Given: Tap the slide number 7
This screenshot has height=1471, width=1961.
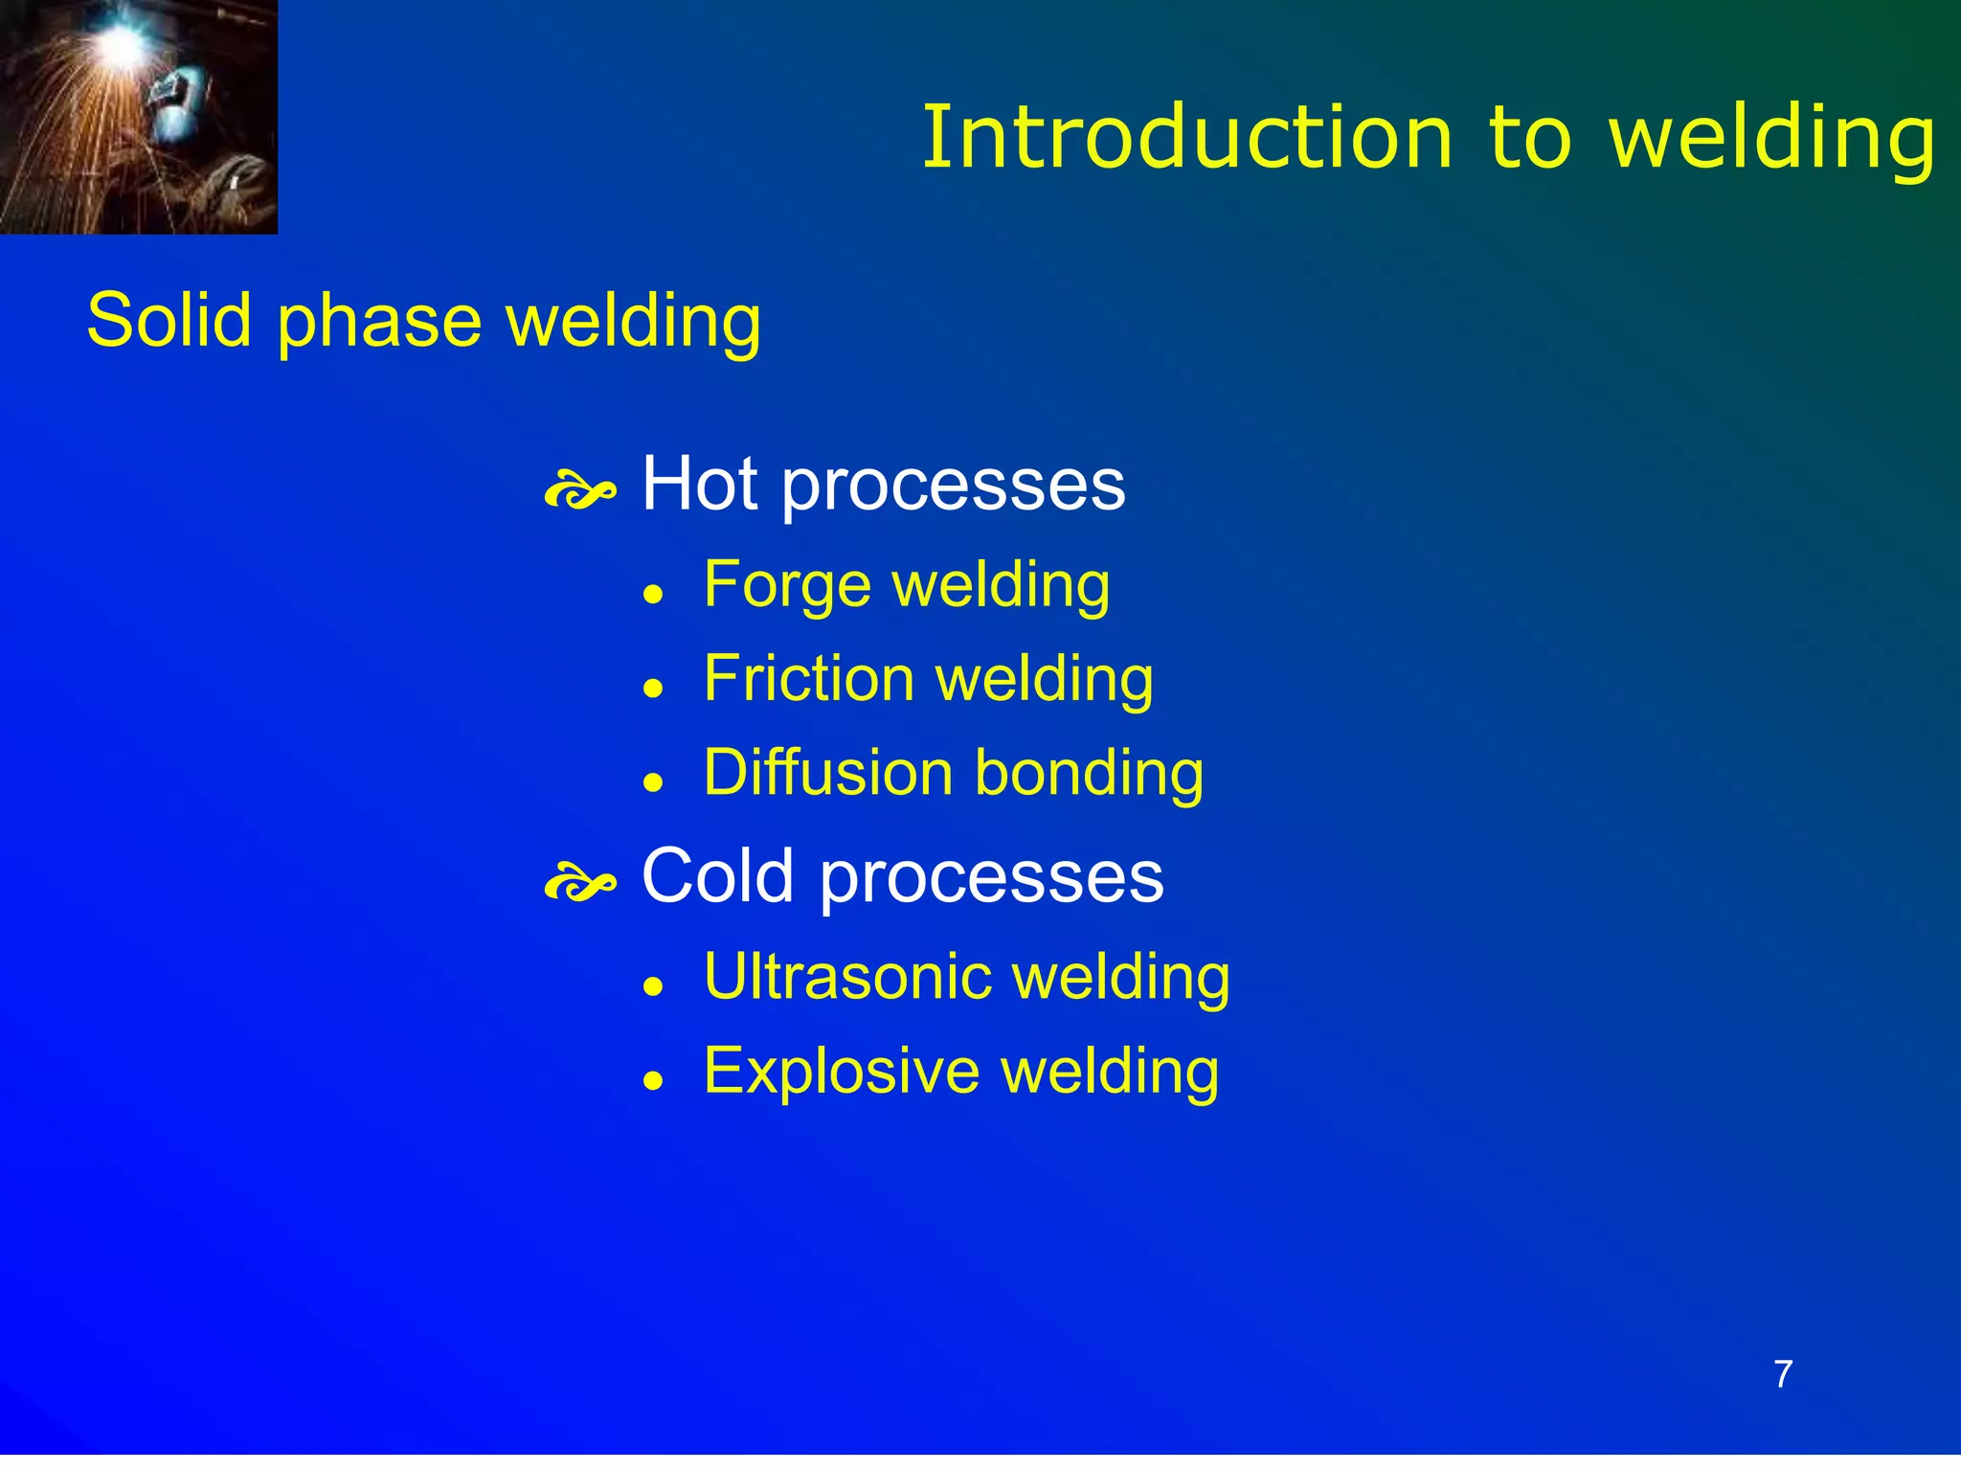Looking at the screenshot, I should coord(1783,1374).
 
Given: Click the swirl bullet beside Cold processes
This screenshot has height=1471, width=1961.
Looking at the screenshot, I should coord(579,883).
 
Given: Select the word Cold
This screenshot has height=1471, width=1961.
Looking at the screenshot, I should coord(717,875).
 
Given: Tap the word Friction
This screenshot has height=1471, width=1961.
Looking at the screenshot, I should coord(809,678).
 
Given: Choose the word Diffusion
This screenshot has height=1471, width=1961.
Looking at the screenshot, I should coord(828,772).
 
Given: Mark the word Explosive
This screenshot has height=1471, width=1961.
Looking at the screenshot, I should coord(842,1071).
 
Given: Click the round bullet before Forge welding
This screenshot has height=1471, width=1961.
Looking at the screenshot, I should coord(653,595).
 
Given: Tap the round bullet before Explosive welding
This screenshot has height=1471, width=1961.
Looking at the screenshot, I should coord(653,1081).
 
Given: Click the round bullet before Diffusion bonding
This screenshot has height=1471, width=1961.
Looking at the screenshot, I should coord(653,782).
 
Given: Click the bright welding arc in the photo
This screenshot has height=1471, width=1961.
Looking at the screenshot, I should coord(123,40).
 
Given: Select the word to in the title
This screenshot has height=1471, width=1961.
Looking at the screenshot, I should coord(1529,138).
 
